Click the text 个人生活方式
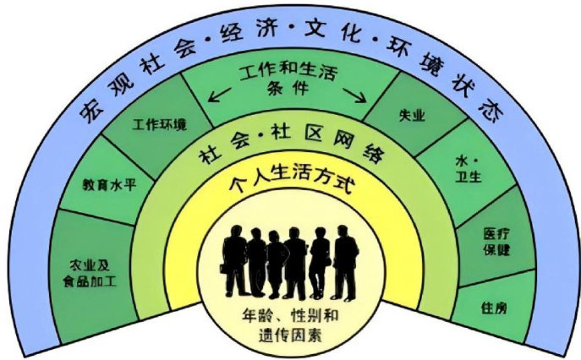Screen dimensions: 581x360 pos(290,183)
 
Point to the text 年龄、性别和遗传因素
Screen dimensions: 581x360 pos(289,327)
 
